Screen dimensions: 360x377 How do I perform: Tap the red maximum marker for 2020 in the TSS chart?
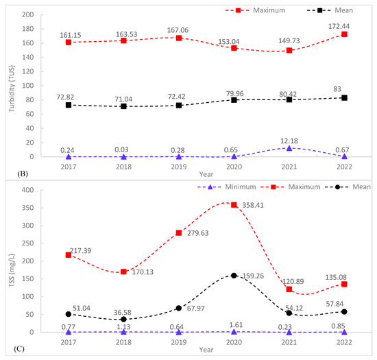coord(253,204)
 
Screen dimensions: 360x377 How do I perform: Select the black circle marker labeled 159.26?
coord(253,276)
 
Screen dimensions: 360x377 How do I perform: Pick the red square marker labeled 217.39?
coord(67,254)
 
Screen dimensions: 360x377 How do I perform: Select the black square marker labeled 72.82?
coord(67,105)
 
